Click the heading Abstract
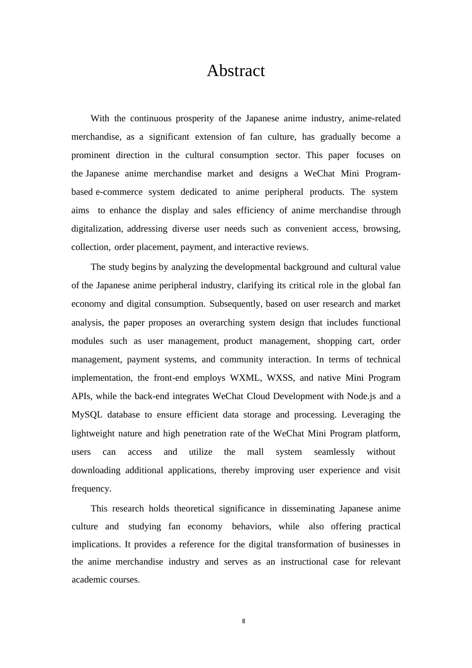(x=236, y=71)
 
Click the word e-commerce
(x=119, y=192)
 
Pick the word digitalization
(x=96, y=229)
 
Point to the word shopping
(x=334, y=341)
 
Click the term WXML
(x=245, y=378)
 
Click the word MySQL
(x=87, y=415)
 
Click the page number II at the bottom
(x=243, y=621)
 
